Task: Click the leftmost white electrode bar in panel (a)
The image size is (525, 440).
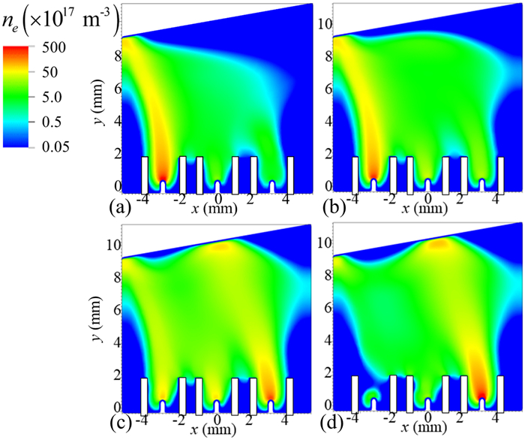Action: click(145, 173)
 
